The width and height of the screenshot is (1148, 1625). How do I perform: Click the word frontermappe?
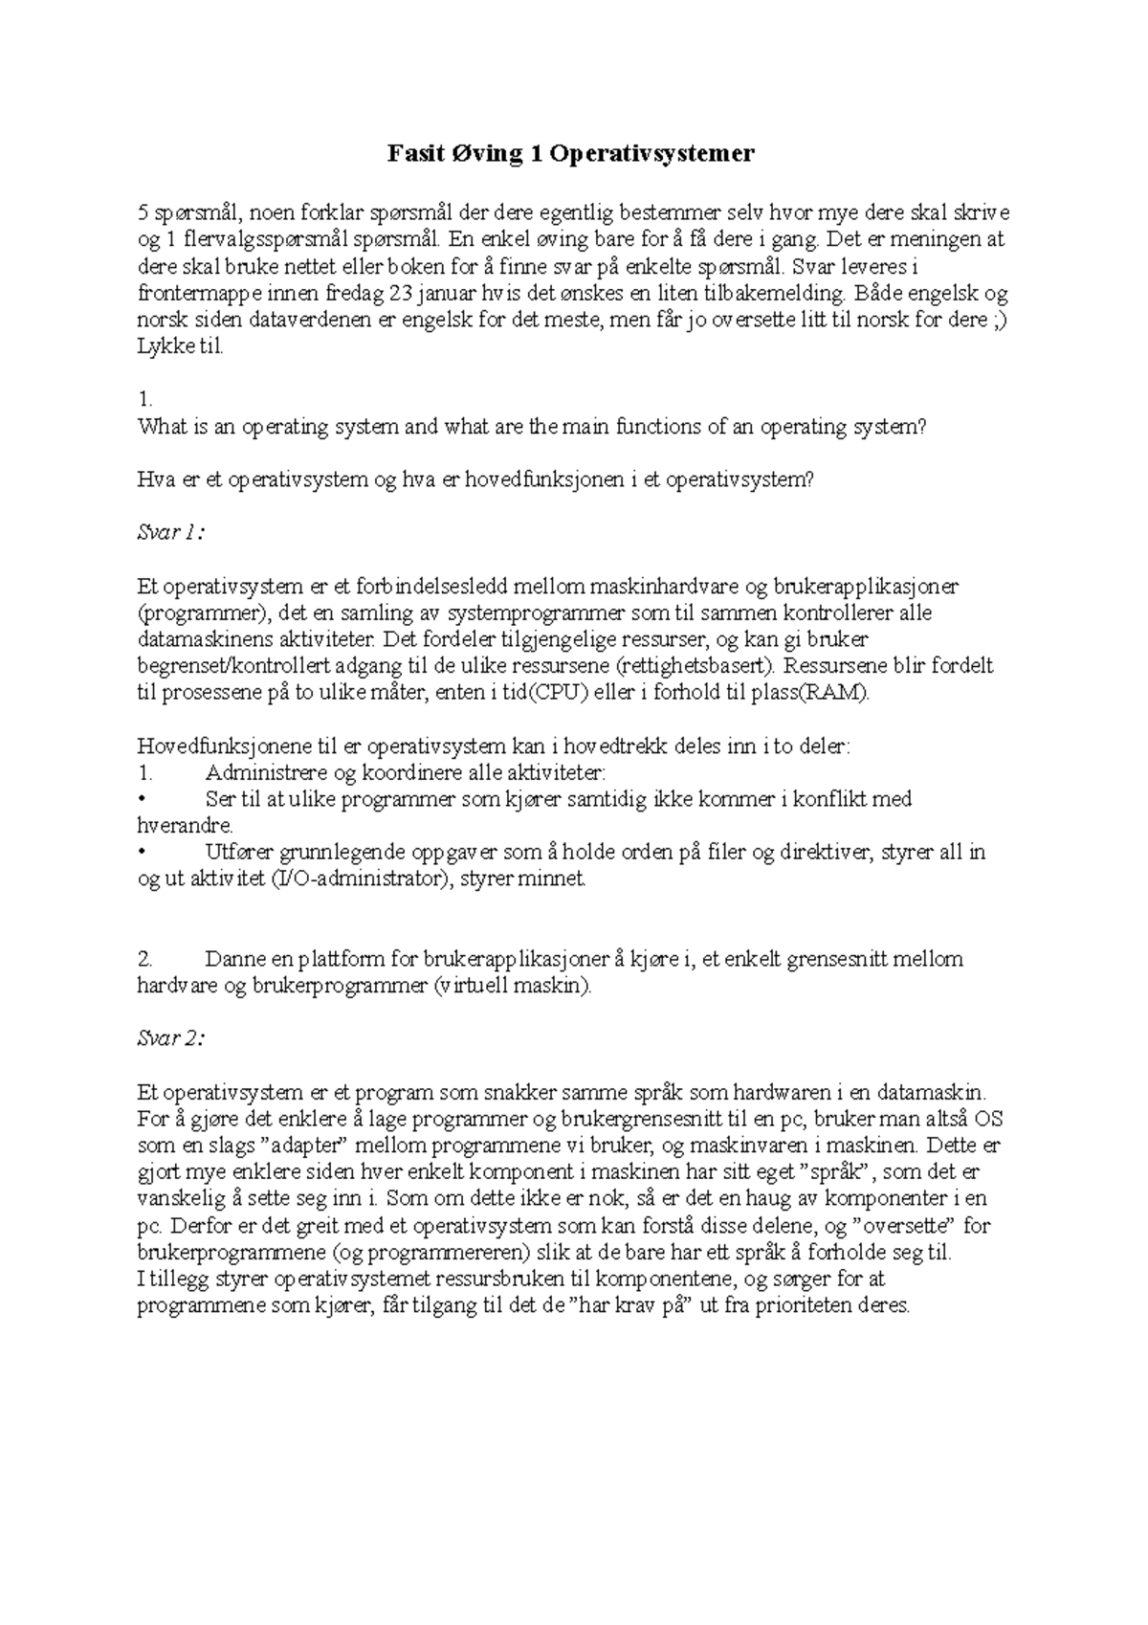(x=189, y=294)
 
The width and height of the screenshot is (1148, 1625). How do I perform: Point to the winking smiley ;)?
(x=997, y=321)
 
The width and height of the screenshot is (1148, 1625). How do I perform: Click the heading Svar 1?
(x=171, y=533)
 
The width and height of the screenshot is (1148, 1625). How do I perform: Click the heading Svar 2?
(x=171, y=1038)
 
